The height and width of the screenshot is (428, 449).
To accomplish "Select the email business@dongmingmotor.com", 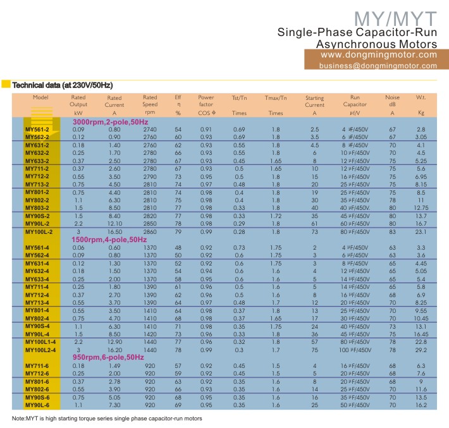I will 378,66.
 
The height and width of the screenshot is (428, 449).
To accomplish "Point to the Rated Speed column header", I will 150,104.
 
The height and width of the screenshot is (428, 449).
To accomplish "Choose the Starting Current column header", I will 314,104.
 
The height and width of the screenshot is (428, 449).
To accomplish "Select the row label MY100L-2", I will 38,233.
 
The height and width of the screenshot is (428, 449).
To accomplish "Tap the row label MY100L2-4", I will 41,350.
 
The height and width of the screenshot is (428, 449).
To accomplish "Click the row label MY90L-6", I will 37,404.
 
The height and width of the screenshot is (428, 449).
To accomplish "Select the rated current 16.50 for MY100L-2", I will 114,233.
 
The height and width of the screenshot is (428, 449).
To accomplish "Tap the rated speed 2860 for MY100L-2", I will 150,233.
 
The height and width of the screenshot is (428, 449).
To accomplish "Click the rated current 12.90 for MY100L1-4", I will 114,342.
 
